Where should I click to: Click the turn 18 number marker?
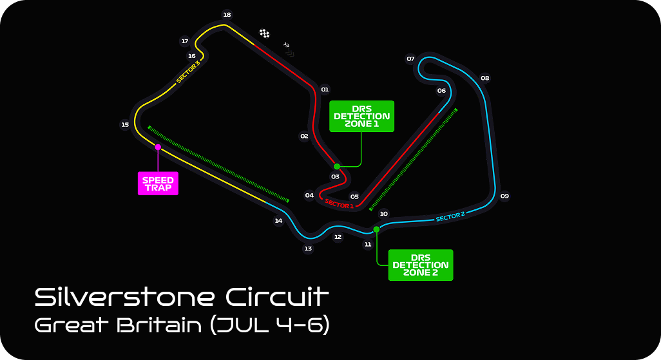click(x=227, y=14)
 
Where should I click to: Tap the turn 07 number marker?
click(x=410, y=59)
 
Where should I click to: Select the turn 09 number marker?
click(x=504, y=196)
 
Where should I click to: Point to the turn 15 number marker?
click(x=125, y=125)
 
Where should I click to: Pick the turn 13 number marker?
click(x=308, y=249)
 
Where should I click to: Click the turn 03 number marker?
click(x=335, y=176)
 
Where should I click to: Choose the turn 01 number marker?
click(x=325, y=90)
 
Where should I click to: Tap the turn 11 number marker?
click(x=368, y=245)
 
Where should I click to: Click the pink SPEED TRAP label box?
click(x=158, y=184)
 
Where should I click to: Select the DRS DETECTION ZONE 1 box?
click(x=361, y=117)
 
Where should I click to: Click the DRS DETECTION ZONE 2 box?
click(x=421, y=265)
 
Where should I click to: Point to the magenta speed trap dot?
click(x=158, y=147)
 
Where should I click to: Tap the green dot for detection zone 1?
click(x=337, y=166)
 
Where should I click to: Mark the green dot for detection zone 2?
click(x=376, y=229)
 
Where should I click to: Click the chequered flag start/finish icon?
click(x=264, y=33)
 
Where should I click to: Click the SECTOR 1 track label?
click(x=339, y=205)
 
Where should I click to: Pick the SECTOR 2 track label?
click(x=450, y=217)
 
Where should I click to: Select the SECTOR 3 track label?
click(x=188, y=72)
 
